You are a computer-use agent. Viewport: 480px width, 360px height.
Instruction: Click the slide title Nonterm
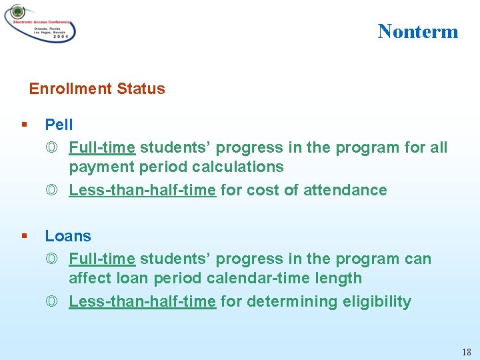click(418, 31)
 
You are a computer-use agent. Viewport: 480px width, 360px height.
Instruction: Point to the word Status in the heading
click(141, 89)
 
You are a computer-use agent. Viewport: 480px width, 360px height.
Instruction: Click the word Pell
click(59, 125)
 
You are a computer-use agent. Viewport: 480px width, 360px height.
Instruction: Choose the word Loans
click(68, 236)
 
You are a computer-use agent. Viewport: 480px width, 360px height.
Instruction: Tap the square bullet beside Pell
click(25, 125)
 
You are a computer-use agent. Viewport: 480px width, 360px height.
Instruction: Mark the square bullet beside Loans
click(25, 236)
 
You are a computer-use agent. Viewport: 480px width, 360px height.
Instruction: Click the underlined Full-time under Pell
click(102, 147)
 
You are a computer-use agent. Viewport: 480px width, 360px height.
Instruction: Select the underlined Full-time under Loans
click(102, 259)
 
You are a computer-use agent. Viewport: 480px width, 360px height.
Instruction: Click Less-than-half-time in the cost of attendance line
click(142, 190)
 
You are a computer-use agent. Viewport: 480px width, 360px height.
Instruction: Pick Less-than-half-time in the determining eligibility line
click(142, 301)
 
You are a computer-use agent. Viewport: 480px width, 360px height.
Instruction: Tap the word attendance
click(345, 190)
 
